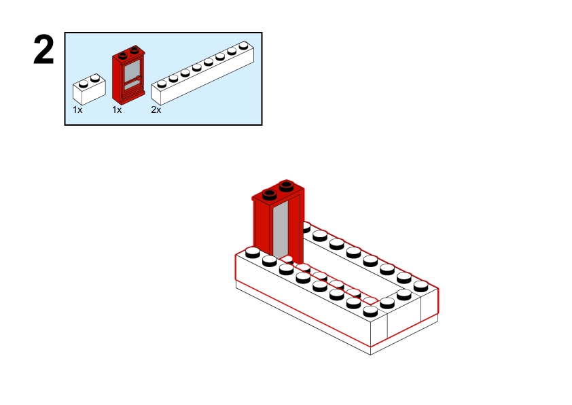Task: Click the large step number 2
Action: [43, 51]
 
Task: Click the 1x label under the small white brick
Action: [77, 109]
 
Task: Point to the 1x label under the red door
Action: [117, 109]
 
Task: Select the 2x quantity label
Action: [156, 109]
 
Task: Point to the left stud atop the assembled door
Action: [268, 191]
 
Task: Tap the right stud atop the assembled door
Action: [285, 183]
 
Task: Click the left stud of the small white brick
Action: [83, 83]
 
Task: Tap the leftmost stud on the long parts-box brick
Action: [162, 83]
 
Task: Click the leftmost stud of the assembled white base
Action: [252, 252]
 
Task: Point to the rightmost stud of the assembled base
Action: [421, 285]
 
